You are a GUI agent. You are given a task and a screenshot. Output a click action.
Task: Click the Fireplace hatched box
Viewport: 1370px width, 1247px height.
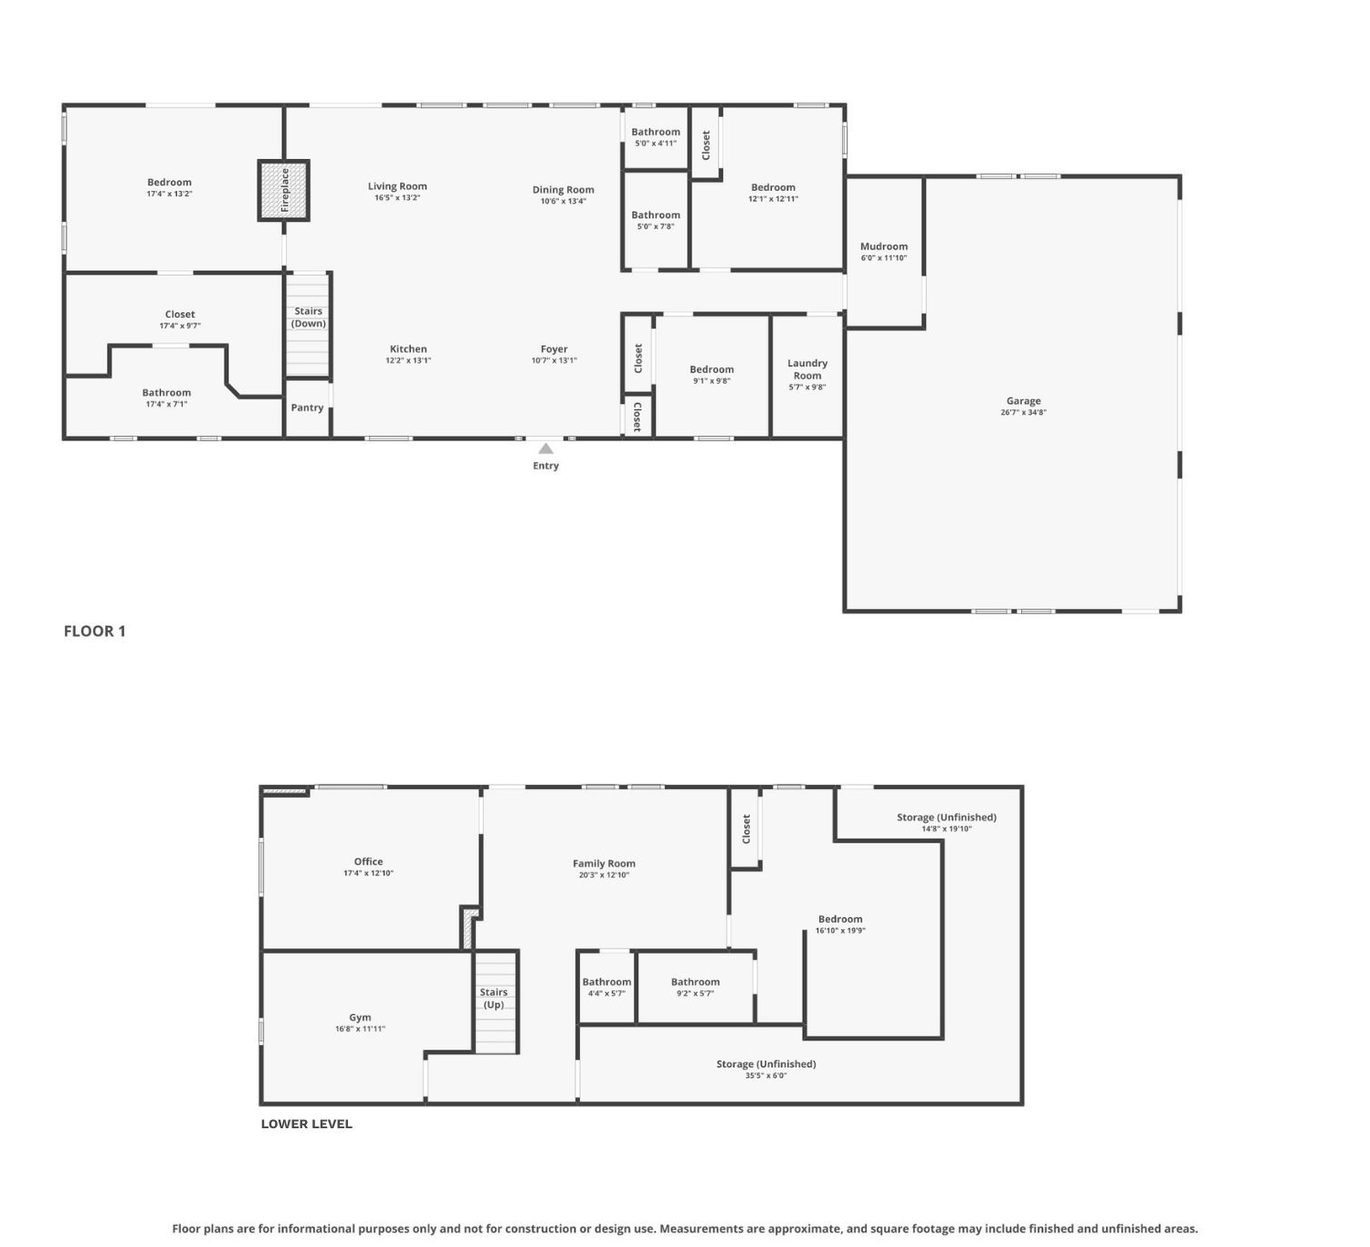coord(283,191)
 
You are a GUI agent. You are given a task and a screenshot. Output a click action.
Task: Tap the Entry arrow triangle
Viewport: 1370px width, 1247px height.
coord(545,449)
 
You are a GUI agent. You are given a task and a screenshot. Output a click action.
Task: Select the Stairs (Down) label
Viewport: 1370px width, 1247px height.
coord(308,317)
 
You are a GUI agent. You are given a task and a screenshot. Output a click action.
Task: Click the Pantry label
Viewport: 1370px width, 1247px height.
coord(307,407)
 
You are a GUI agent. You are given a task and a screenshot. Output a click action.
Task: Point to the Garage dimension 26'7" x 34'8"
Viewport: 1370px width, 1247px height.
coord(1023,412)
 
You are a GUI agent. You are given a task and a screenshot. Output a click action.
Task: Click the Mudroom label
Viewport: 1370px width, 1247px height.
coord(884,246)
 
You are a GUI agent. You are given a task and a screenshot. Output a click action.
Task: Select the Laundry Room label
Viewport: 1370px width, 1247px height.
coord(807,369)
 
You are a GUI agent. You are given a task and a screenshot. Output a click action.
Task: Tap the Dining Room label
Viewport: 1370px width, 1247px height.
coord(564,189)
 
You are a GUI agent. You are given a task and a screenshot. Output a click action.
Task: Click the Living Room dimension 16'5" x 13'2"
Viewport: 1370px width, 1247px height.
coord(397,197)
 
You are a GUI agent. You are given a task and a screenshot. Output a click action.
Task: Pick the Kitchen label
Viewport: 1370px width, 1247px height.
coord(408,348)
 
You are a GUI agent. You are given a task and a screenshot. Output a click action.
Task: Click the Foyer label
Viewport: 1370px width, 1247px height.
coord(553,349)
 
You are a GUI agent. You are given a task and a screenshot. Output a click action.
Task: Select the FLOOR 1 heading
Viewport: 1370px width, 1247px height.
coord(95,630)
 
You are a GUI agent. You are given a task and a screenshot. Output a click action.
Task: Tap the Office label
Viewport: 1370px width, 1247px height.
coord(368,861)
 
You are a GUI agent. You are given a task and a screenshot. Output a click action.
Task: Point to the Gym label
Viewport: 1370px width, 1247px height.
coord(360,1017)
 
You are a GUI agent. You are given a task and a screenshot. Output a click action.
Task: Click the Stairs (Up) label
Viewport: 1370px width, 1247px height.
coord(493,998)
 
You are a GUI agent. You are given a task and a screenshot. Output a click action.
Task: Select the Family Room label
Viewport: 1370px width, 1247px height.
coord(604,863)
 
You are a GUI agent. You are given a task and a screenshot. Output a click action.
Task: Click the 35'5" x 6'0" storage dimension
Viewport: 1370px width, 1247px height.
coord(765,1075)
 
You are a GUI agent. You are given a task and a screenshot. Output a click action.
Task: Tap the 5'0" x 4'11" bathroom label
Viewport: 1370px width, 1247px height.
coord(656,143)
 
